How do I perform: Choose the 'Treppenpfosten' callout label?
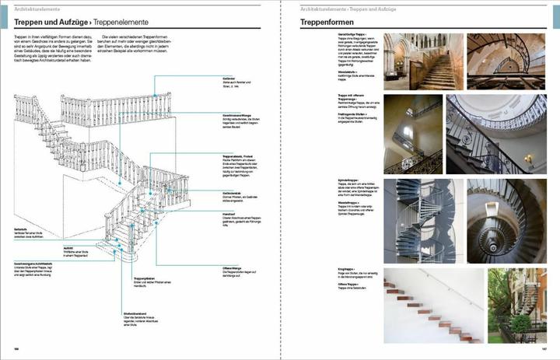[x=147, y=278]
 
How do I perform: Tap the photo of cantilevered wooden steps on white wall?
[x=432, y=305]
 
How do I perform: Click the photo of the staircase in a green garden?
[x=516, y=305]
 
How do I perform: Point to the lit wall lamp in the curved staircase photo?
[x=528, y=159]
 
